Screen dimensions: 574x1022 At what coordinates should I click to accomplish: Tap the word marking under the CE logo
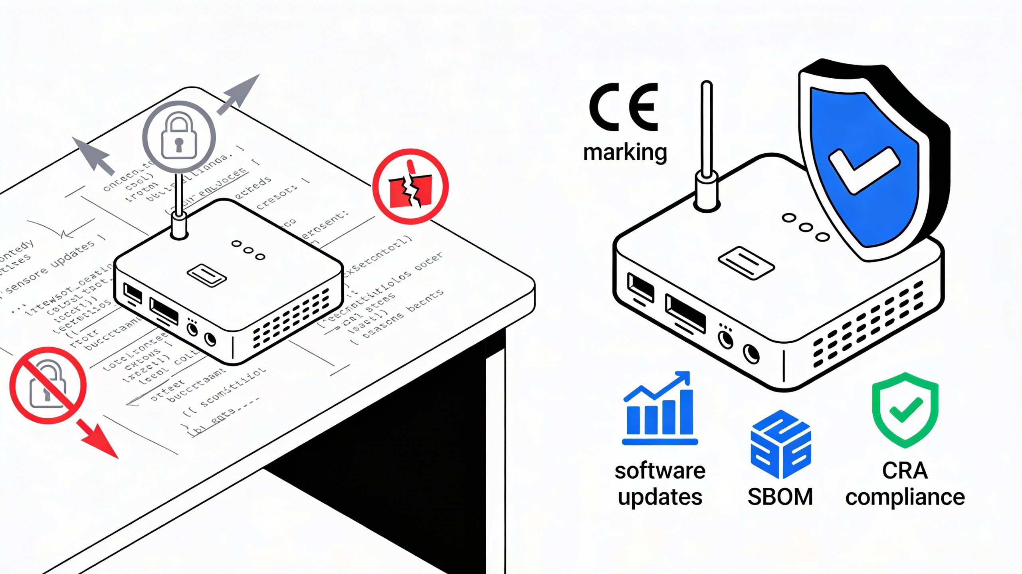[x=625, y=153]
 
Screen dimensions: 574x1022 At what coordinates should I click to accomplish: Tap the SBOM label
[x=780, y=497]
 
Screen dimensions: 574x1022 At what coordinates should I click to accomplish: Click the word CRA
[x=905, y=471]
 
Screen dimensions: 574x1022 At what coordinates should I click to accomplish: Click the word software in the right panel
[x=660, y=471]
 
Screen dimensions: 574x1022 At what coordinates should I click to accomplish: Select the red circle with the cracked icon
[x=410, y=186]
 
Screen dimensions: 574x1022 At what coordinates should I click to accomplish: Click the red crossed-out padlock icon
[x=48, y=385]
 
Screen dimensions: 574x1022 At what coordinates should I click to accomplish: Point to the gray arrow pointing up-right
[x=240, y=94]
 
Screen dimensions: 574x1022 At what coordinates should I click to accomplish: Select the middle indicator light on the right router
[x=806, y=228]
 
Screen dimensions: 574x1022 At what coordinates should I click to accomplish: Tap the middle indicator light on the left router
[x=248, y=250]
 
